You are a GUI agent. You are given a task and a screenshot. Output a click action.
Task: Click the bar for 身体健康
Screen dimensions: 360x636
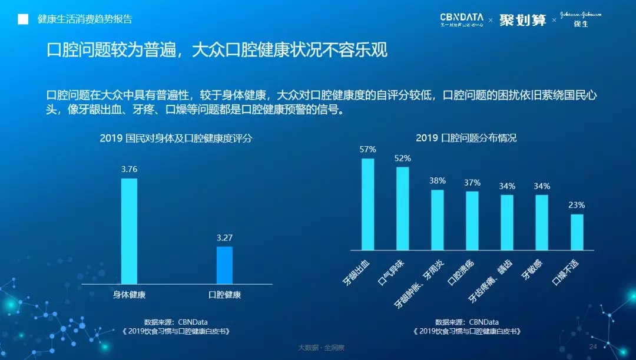pos(129,231)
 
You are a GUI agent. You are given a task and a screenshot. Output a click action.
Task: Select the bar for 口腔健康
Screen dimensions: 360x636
pos(224,265)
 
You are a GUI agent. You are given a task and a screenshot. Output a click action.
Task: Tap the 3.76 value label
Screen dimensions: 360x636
pos(129,170)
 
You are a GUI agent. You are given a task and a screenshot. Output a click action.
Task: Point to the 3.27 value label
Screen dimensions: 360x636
pos(224,238)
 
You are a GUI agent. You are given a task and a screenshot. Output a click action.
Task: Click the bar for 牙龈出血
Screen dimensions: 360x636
pos(367,204)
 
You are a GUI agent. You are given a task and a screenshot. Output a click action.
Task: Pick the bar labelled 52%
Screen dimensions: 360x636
pos(402,208)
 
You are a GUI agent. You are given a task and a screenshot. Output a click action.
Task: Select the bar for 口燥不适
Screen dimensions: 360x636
pos(577,232)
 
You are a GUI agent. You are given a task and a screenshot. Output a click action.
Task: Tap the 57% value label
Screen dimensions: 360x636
pos(367,150)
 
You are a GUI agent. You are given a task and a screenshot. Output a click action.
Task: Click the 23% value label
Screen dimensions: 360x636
pos(577,205)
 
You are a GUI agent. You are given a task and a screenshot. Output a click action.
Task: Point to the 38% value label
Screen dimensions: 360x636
pos(437,181)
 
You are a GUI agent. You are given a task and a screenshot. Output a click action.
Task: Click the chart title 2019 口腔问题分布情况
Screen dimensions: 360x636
pos(466,138)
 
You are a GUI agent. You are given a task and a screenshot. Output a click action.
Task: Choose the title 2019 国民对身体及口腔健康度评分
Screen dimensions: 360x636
pos(175,138)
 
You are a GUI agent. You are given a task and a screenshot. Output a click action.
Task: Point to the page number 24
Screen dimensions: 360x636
pos(593,346)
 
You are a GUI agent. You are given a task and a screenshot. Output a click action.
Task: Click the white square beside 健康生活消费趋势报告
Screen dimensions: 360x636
pos(23,19)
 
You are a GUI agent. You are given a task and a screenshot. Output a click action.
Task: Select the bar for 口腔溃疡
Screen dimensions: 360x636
pos(472,220)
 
